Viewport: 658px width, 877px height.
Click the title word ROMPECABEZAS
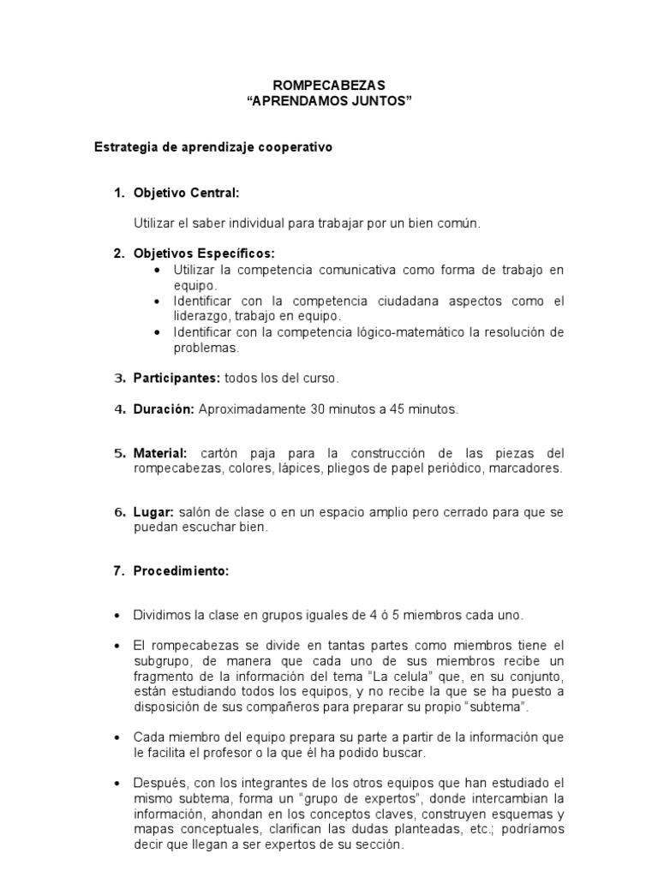click(329, 85)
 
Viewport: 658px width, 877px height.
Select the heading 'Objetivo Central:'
click(186, 193)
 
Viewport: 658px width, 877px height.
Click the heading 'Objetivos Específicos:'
click(204, 254)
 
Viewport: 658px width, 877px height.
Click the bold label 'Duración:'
click(164, 409)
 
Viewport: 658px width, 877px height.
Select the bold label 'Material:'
click(160, 452)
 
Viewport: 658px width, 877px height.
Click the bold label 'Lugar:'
click(153, 512)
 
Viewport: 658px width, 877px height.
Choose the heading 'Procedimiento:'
click(181, 570)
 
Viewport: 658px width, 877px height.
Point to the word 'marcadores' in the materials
click(528, 468)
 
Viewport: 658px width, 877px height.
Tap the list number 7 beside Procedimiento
click(118, 570)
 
